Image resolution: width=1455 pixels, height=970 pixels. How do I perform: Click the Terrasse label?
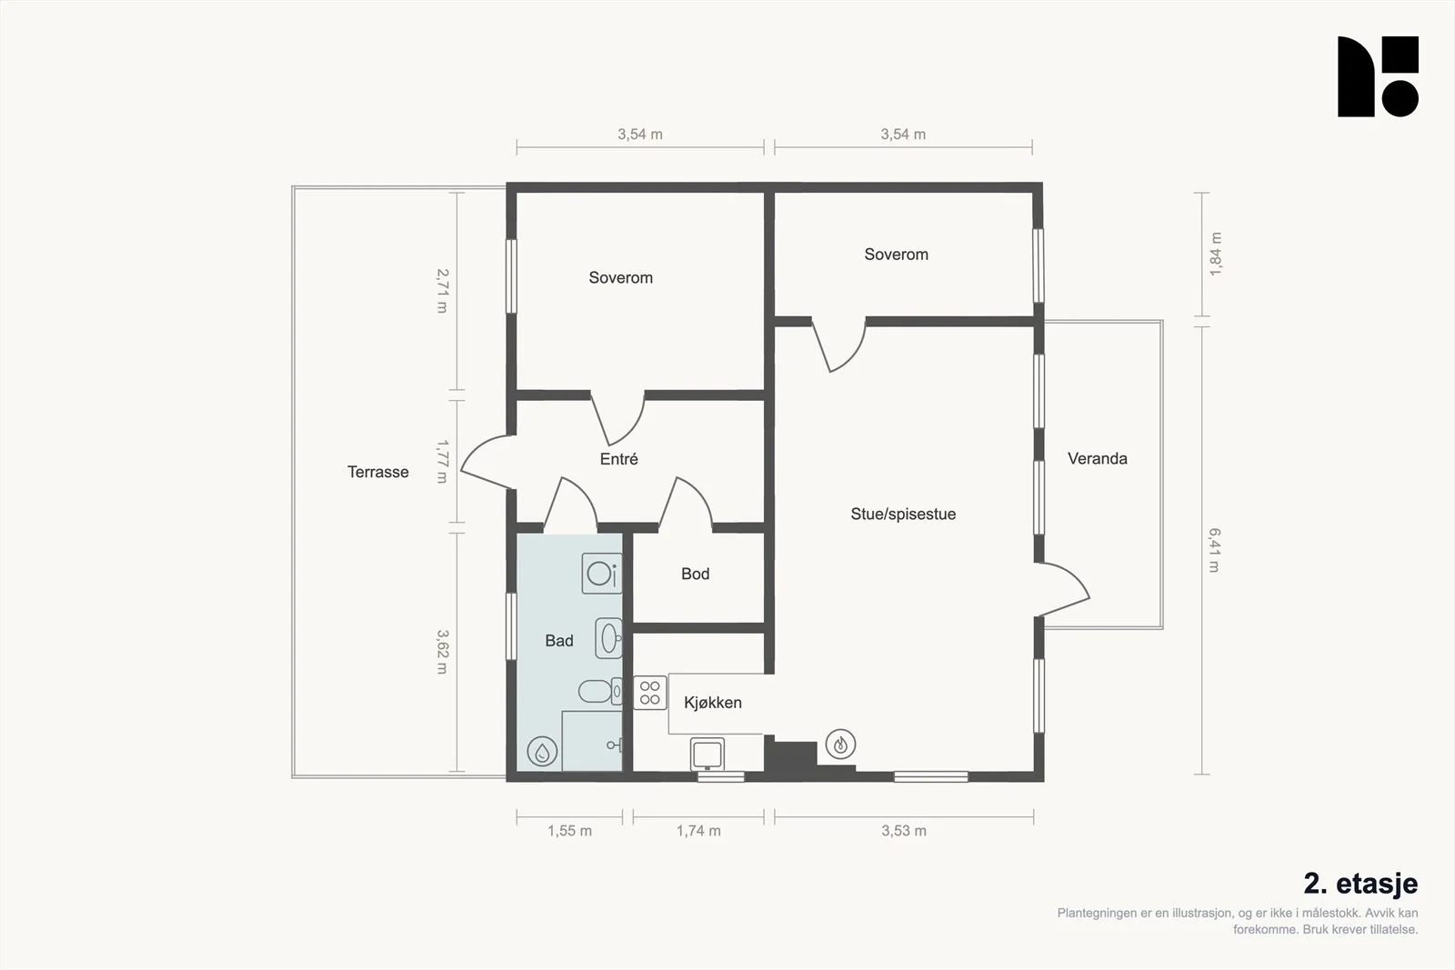[378, 472]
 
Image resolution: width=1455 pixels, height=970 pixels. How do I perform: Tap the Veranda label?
[1097, 458]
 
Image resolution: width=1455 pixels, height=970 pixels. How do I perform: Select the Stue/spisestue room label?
[903, 515]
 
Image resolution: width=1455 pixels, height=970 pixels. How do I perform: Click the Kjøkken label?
[713, 703]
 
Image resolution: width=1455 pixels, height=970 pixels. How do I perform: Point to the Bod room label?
[695, 574]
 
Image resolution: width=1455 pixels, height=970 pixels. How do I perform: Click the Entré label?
[619, 459]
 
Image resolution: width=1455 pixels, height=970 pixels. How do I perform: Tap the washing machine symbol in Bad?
[601, 574]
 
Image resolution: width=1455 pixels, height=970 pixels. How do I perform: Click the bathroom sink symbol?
[608, 638]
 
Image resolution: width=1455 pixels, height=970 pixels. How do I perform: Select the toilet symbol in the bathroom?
[600, 692]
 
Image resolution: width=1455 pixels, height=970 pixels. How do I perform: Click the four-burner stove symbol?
[649, 693]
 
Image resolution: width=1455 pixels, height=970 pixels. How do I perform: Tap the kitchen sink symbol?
[707, 754]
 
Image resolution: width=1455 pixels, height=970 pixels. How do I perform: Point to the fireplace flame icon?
[840, 744]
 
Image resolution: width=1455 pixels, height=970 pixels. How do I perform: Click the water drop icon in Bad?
[542, 752]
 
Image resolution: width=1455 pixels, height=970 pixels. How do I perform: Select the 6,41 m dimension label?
[1215, 551]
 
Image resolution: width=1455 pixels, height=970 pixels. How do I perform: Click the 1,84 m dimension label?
[1215, 254]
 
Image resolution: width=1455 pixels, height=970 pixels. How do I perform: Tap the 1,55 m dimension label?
[569, 831]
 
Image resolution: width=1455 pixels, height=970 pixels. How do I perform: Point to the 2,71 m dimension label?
[442, 291]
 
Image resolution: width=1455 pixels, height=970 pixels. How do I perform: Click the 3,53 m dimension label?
[904, 831]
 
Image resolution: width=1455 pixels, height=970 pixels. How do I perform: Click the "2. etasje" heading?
[1360, 884]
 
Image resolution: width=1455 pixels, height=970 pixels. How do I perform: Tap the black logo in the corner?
[1378, 76]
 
